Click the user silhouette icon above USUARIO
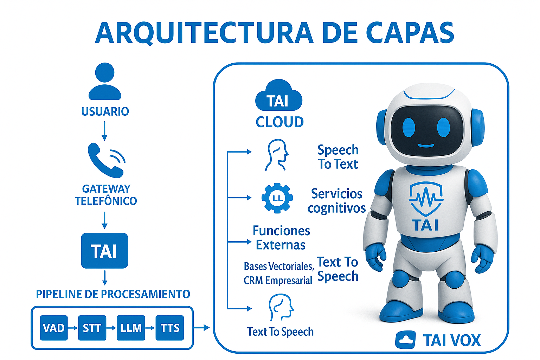point(105,82)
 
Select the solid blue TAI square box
point(104,251)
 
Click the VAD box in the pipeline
point(54,328)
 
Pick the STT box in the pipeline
point(92,328)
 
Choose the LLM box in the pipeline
point(131,328)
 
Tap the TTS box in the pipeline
point(170,328)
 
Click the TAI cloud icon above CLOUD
point(278,96)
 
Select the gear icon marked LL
point(277,198)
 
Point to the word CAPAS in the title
point(410,33)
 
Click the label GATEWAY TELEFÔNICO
point(106,195)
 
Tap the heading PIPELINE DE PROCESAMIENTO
point(113,294)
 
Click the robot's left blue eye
point(409,127)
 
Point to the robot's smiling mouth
point(426,145)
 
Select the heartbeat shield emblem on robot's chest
point(426,199)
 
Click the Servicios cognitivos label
point(336,201)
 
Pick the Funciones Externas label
point(281,238)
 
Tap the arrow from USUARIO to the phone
point(104,131)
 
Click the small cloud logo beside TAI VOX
point(405,340)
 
